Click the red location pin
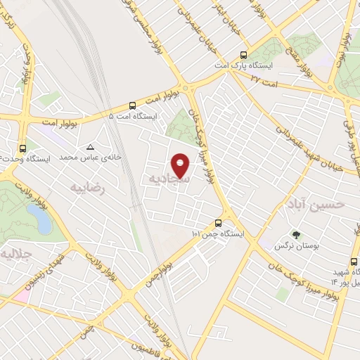click(x=181, y=166)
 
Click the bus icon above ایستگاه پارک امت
click(x=244, y=55)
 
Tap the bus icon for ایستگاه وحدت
click(x=23, y=148)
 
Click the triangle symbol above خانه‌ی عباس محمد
click(x=90, y=147)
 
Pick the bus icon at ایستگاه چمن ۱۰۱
click(x=227, y=219)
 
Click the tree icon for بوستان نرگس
click(x=296, y=235)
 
